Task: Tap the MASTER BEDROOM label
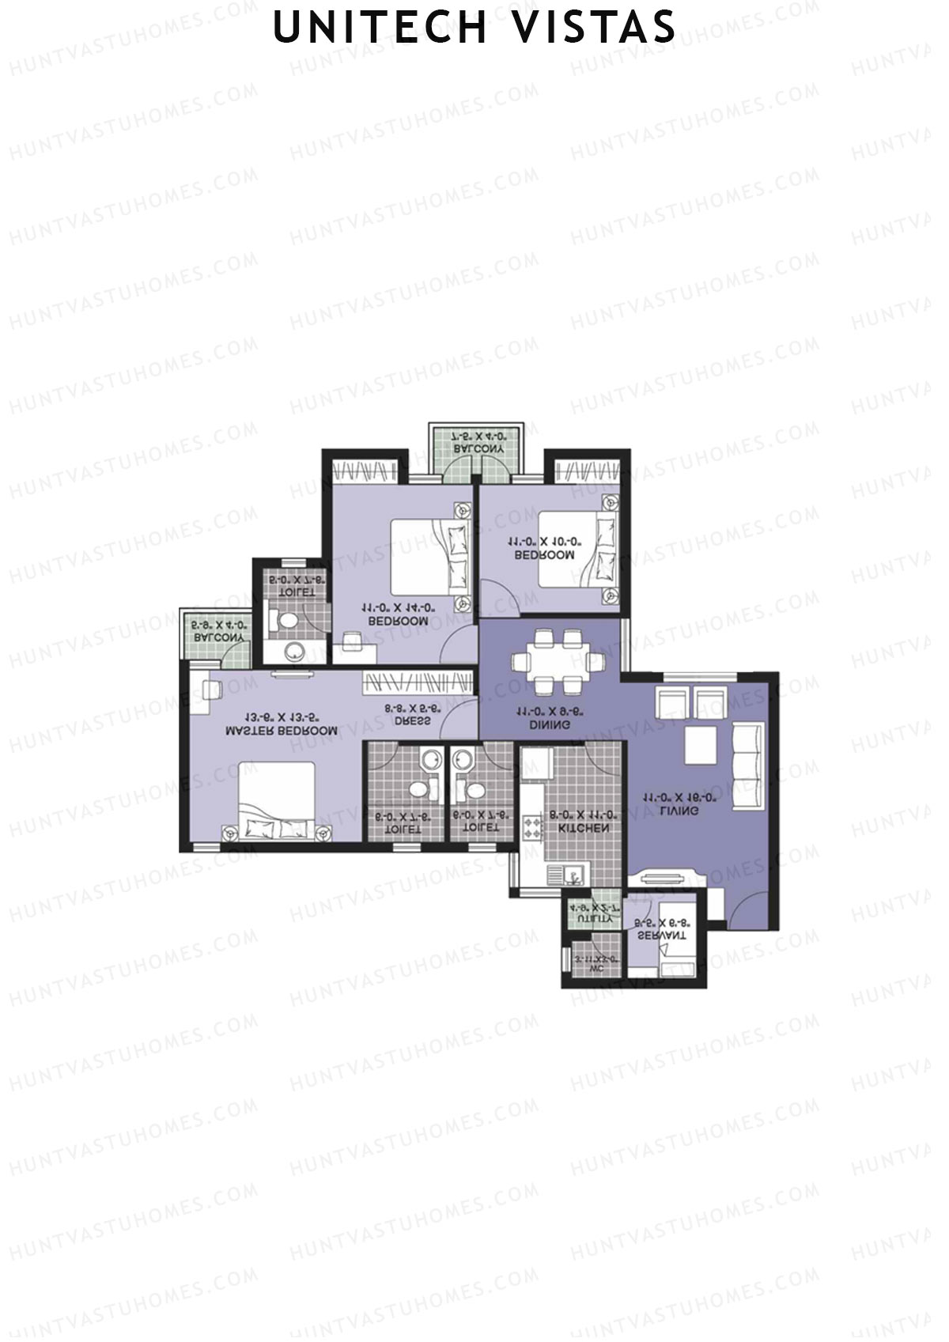click(282, 731)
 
